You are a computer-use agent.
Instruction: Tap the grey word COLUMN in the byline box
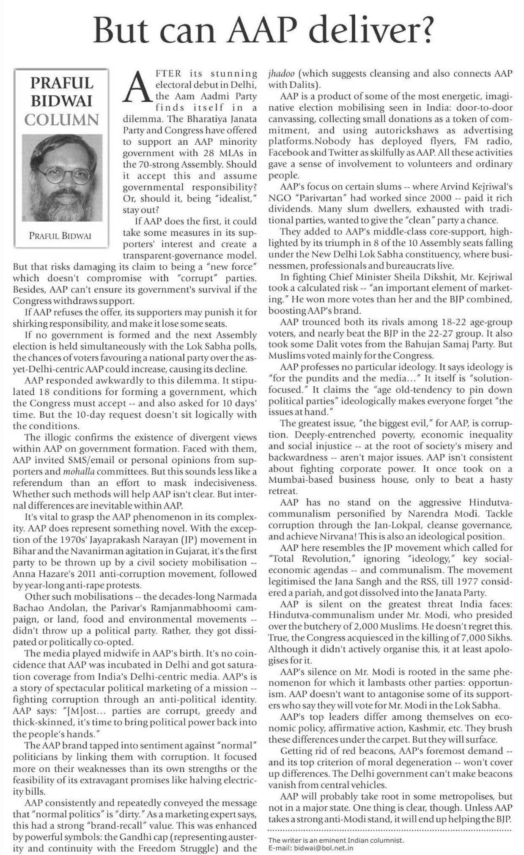(x=62, y=120)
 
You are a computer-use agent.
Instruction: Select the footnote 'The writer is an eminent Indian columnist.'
(x=336, y=840)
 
